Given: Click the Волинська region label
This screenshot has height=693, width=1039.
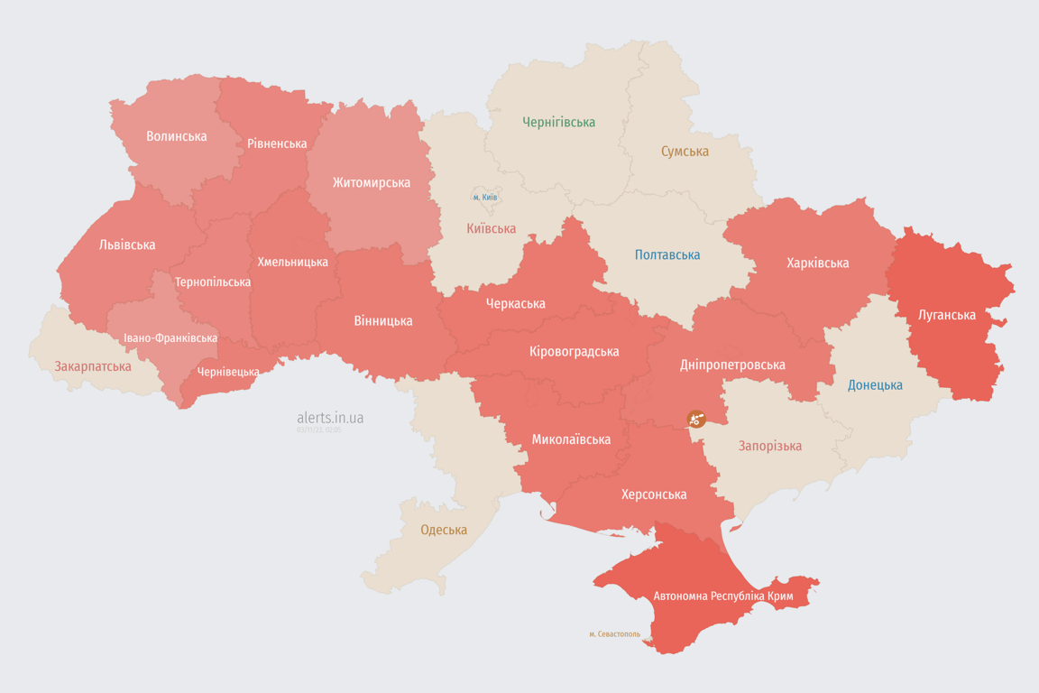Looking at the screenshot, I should click(x=177, y=136).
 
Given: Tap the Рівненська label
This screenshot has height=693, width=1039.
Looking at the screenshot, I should click(x=277, y=143).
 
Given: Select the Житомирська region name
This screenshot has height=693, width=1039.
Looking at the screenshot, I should click(x=371, y=182).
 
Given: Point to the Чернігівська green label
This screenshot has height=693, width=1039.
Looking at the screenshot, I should click(x=559, y=122).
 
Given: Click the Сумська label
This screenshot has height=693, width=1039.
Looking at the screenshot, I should click(x=685, y=152).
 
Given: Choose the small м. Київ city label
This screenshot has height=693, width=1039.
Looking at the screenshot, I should click(x=484, y=198).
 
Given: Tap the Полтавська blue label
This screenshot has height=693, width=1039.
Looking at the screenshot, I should click(x=667, y=254).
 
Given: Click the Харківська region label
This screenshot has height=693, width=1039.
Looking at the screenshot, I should click(x=817, y=263).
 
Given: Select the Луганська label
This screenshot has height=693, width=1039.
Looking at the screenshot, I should click(x=947, y=315).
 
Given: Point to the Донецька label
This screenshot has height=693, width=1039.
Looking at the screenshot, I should click(x=875, y=385).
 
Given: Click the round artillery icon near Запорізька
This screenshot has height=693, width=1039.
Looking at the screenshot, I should click(x=695, y=419).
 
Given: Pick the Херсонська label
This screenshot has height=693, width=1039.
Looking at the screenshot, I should click(x=654, y=494).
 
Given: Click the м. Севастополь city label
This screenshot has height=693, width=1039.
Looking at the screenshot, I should click(x=614, y=634).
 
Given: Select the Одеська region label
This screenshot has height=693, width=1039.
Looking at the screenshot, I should click(x=444, y=530).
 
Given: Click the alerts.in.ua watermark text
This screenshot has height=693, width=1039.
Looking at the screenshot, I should click(x=330, y=418).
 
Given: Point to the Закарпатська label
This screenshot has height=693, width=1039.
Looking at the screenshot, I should click(x=93, y=366).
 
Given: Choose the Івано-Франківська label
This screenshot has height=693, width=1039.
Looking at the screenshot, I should click(x=170, y=338).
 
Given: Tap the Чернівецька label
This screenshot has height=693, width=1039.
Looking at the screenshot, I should click(x=228, y=372).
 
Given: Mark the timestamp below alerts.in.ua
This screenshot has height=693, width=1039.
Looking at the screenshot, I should click(x=318, y=430).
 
